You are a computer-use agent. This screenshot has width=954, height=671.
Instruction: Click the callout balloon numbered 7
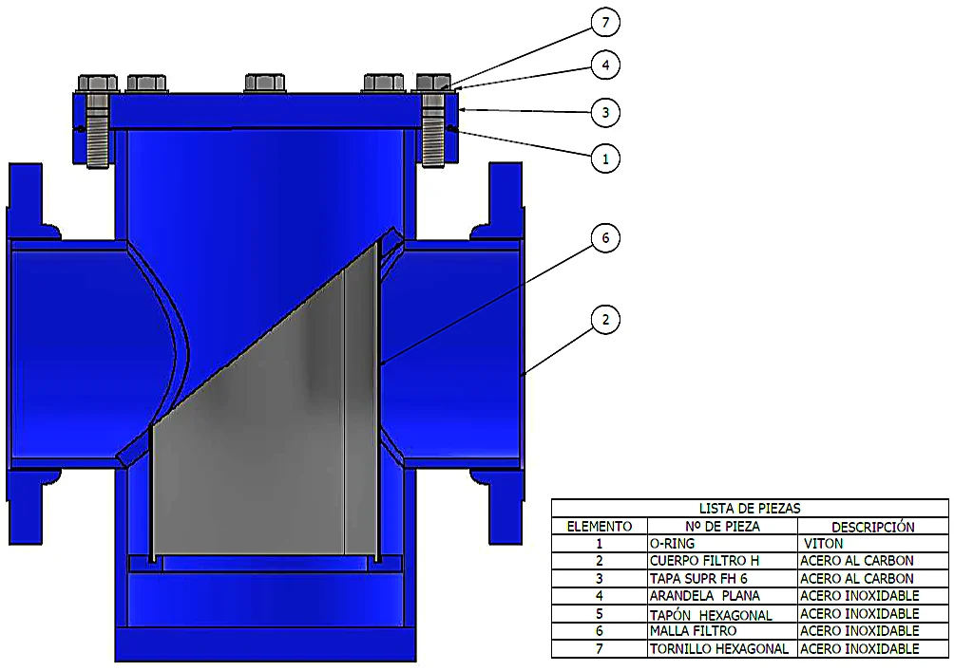[x=604, y=23]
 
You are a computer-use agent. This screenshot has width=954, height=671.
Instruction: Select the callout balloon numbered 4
[x=604, y=65]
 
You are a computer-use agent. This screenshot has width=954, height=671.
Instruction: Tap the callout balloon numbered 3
[x=604, y=112]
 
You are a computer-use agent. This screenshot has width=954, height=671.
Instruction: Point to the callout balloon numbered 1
[x=604, y=158]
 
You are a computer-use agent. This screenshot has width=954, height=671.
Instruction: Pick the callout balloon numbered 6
[x=604, y=237]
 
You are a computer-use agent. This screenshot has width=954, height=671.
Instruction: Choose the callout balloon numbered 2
[x=604, y=320]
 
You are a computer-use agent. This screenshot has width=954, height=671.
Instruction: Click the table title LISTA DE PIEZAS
[x=750, y=508]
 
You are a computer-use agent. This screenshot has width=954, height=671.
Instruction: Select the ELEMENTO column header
[x=600, y=527]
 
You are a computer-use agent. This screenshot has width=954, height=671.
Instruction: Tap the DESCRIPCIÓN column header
[x=873, y=527]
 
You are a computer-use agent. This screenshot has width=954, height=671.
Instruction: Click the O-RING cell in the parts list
[x=672, y=544]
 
